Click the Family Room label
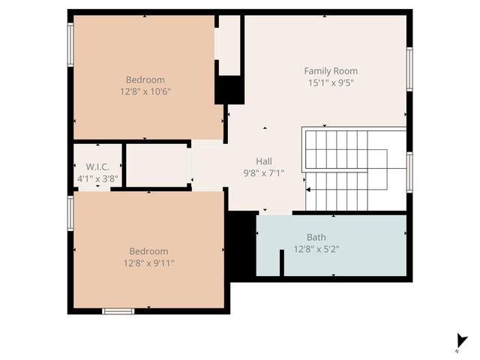331,71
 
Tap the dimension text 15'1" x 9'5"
331,82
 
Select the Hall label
264,161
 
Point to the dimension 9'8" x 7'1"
264,172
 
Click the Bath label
316,238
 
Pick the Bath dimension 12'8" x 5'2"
316,249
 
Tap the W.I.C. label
97,166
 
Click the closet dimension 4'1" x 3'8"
97,178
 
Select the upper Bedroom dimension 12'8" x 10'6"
145,91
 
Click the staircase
345,169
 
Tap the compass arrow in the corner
460,342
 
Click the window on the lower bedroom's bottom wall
118,310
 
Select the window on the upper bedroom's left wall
70,45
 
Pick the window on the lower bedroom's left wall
70,212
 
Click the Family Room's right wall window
409,69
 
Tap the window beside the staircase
409,172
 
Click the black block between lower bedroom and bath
241,246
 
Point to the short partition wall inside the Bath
282,263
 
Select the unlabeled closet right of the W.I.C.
156,164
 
